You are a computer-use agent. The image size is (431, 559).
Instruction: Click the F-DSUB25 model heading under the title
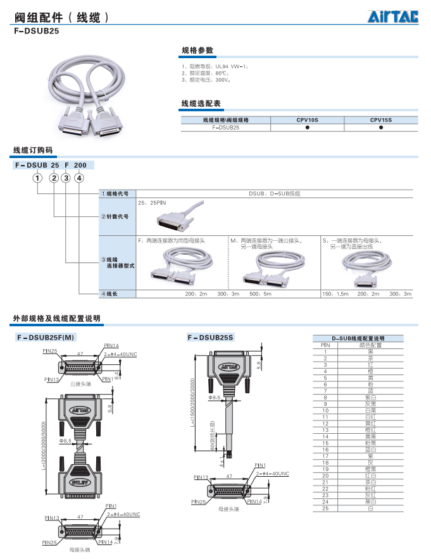(x=36, y=30)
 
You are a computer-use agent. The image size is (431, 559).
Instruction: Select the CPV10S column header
(x=307, y=119)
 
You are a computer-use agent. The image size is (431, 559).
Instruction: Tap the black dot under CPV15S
(x=381, y=127)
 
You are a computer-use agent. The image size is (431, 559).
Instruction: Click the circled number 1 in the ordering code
(x=39, y=178)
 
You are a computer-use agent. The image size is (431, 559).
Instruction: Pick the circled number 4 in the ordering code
(x=79, y=178)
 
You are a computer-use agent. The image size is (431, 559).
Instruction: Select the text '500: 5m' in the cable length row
(x=260, y=294)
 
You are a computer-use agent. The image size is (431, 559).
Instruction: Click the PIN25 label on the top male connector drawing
(x=50, y=351)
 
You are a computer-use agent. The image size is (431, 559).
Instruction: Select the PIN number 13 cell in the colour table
(x=325, y=429)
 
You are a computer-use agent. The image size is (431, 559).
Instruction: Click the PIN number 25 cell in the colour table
(x=325, y=508)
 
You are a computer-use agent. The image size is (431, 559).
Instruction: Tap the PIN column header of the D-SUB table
(x=325, y=345)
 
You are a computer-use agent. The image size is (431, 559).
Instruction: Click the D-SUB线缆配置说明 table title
(x=358, y=338)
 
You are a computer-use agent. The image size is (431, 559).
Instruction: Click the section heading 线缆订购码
(x=33, y=150)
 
